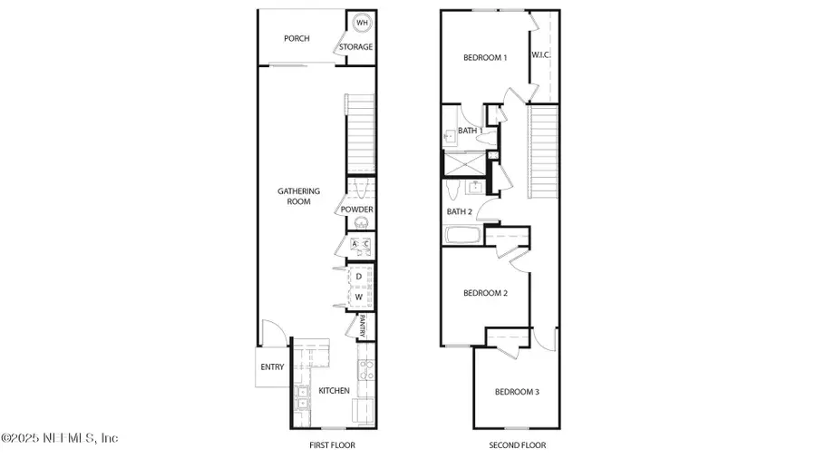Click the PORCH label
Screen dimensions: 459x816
point(296,38)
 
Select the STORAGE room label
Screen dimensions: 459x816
point(355,47)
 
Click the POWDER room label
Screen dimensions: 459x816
point(357,210)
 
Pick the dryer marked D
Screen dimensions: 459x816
point(359,276)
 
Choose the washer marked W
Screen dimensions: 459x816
point(359,297)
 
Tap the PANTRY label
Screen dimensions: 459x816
point(361,324)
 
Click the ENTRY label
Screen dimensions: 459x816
point(272,367)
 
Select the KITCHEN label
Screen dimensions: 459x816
point(334,391)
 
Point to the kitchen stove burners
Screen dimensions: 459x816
point(364,369)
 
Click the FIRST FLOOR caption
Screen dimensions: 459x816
point(333,445)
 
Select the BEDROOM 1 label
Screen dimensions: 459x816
point(484,58)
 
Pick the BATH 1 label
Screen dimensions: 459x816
point(469,132)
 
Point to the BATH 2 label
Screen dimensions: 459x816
point(460,211)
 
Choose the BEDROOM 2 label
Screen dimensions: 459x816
point(484,293)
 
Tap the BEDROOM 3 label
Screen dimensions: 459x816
point(517,392)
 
